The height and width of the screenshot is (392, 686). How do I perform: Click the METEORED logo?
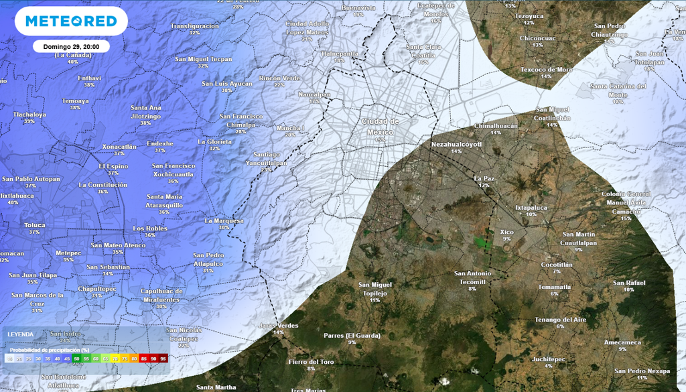[x=70, y=21]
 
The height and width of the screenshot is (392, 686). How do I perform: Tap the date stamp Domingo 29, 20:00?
[x=71, y=47]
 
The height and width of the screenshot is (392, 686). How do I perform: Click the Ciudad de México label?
[x=380, y=126]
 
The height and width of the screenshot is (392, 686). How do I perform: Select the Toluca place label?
[x=34, y=225]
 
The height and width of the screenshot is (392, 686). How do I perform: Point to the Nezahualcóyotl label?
[x=456, y=144]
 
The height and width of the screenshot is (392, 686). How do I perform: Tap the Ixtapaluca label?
[x=531, y=208]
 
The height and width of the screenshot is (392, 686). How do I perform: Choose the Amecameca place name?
[x=622, y=342]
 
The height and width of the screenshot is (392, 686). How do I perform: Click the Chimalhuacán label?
[x=496, y=125]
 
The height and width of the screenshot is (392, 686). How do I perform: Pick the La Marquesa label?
[x=224, y=220]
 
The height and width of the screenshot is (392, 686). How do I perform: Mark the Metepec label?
[x=68, y=253]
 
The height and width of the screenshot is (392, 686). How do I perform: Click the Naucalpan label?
[x=314, y=94]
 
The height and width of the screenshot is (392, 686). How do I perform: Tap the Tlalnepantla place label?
[x=340, y=53]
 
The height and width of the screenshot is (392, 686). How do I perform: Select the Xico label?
[x=506, y=232]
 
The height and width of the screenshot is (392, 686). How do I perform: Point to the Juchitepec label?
[x=549, y=358]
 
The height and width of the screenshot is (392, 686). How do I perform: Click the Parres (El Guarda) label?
[x=352, y=335]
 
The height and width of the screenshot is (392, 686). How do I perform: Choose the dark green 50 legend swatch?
[x=76, y=359]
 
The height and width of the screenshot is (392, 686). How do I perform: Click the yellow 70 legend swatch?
[x=115, y=359]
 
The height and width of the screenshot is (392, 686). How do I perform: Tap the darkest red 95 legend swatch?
[x=163, y=359]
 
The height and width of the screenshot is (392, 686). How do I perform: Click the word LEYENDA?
[x=20, y=334]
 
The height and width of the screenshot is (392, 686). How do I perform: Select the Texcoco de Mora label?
[x=546, y=69]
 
